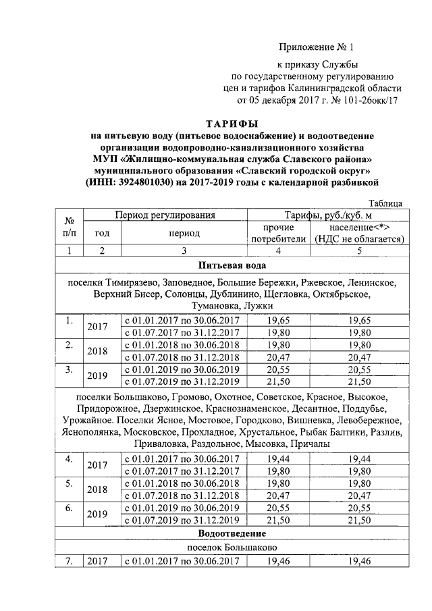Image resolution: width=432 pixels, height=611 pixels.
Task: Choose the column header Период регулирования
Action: [x=165, y=215]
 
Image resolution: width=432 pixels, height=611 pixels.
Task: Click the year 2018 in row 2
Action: [x=99, y=351]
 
